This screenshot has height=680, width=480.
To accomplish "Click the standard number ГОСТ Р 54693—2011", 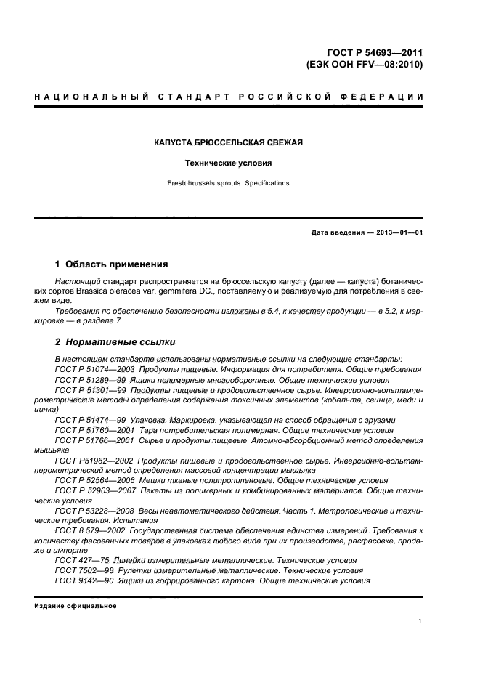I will [x=374, y=52].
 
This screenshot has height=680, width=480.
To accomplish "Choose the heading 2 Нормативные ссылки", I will [x=115, y=341].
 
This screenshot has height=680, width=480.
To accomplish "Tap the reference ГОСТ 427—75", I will [x=81, y=561].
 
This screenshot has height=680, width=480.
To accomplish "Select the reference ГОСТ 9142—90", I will [x=83, y=581].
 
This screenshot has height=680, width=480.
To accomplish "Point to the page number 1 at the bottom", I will [x=420, y=621].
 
